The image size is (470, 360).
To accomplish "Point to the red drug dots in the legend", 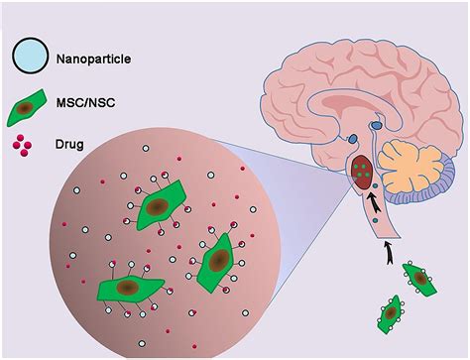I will (26, 146).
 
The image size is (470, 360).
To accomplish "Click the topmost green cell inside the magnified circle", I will (157, 206).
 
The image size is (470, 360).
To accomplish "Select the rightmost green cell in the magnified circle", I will (217, 262).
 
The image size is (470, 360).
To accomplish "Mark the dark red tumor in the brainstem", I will (364, 170).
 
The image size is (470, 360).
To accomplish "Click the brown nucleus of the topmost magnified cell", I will (156, 206).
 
